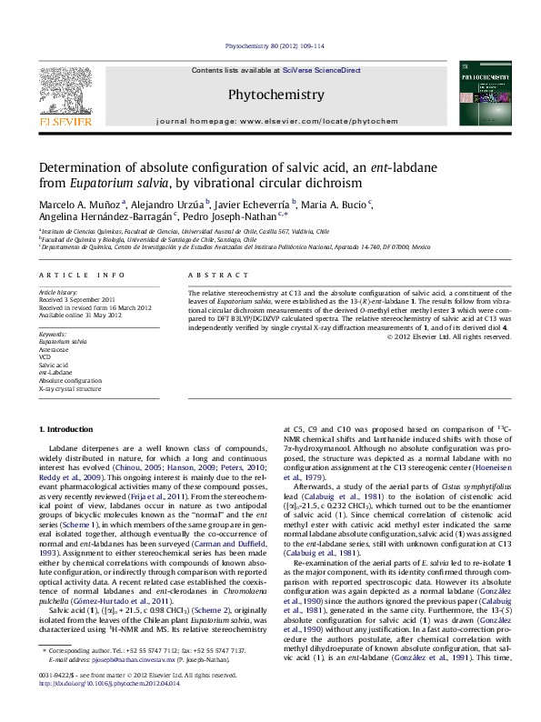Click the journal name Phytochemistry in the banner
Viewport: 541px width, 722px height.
pos(276,95)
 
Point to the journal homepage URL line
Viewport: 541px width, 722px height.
pos(276,121)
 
